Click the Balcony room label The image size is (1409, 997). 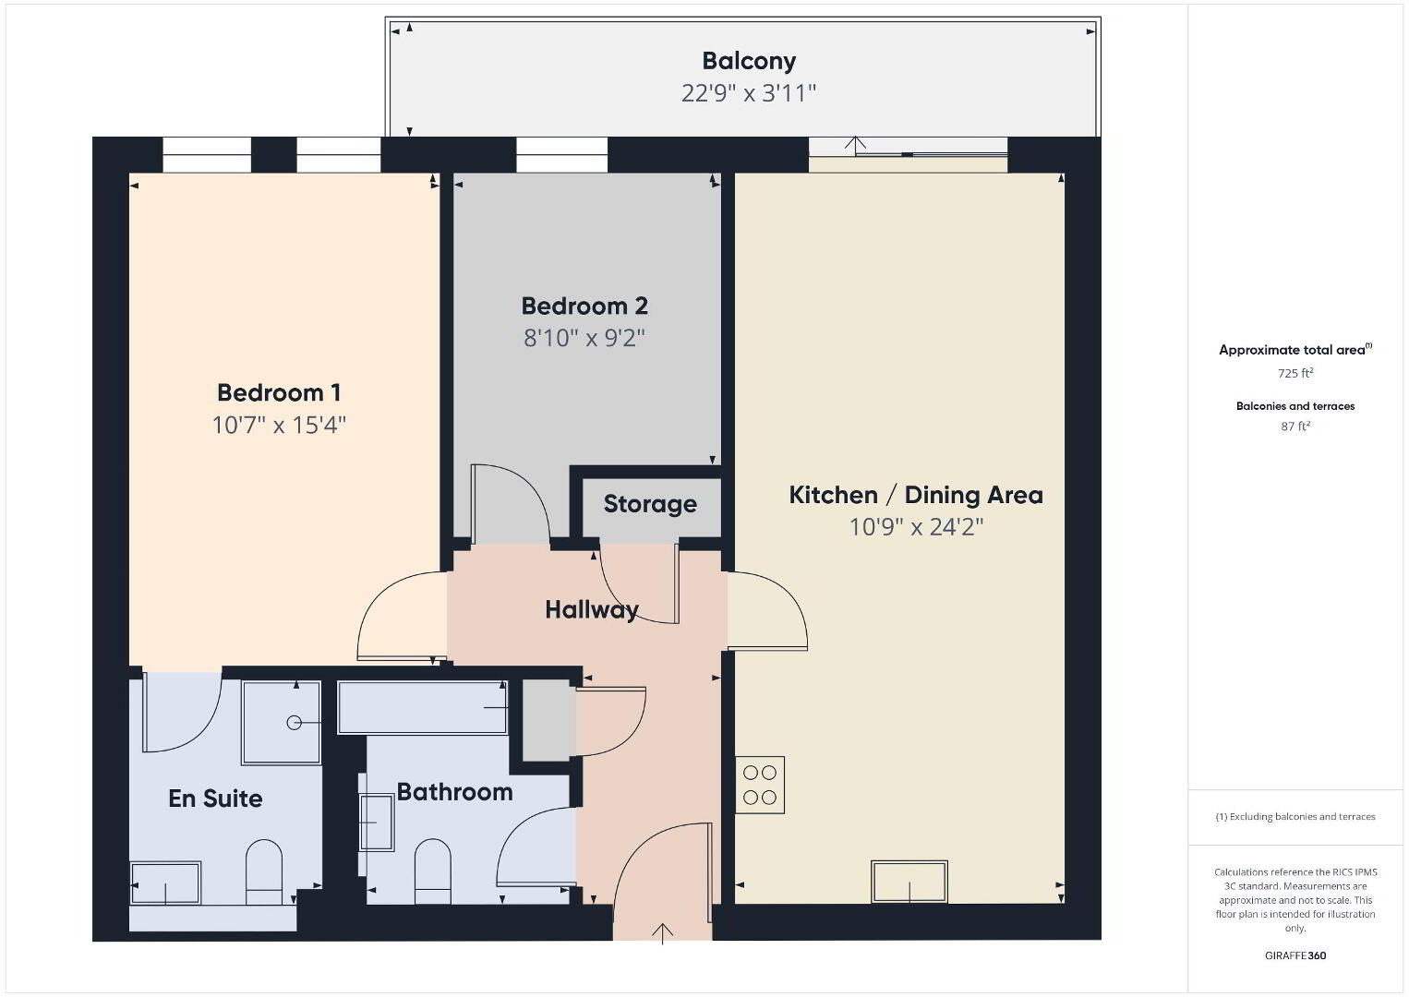pyautogui.click(x=749, y=61)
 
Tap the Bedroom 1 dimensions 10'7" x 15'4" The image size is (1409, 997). pyautogui.click(x=279, y=426)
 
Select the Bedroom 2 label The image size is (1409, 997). pyautogui.click(x=584, y=306)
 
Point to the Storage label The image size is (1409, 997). pyautogui.click(x=650, y=504)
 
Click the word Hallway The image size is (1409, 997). pyautogui.click(x=591, y=609)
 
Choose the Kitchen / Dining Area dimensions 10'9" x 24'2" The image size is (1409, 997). pyautogui.click(x=916, y=527)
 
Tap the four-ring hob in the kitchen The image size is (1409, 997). pyautogui.click(x=760, y=785)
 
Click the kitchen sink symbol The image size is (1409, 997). pyautogui.click(x=909, y=882)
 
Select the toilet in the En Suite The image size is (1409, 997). pyautogui.click(x=263, y=871)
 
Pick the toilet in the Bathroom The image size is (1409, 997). pyautogui.click(x=433, y=871)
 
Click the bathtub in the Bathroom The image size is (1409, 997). pyautogui.click(x=422, y=707)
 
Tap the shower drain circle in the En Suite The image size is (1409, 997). pyautogui.click(x=294, y=724)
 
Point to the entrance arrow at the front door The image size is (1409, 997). pyautogui.click(x=662, y=933)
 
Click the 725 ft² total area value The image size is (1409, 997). pyautogui.click(x=1295, y=373)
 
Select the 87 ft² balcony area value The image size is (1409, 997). pyautogui.click(x=1295, y=426)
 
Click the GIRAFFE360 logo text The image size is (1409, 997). pyautogui.click(x=1295, y=955)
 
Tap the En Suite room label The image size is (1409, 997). pyautogui.click(x=215, y=799)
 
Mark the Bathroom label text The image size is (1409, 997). pyautogui.click(x=455, y=792)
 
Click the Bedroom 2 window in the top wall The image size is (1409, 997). pyautogui.click(x=561, y=155)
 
